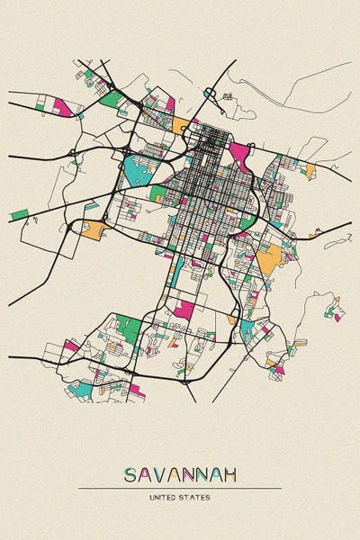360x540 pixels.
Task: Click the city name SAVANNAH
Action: tap(179, 474)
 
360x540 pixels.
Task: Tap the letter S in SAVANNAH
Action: tap(130, 474)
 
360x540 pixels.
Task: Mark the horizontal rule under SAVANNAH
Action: tap(179, 488)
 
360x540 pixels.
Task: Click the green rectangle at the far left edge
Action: tap(19, 215)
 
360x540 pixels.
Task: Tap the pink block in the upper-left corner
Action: tap(61, 106)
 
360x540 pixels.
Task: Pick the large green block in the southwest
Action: tap(128, 328)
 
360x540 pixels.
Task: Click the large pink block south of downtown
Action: tap(184, 310)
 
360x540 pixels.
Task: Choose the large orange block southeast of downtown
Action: tap(267, 261)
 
